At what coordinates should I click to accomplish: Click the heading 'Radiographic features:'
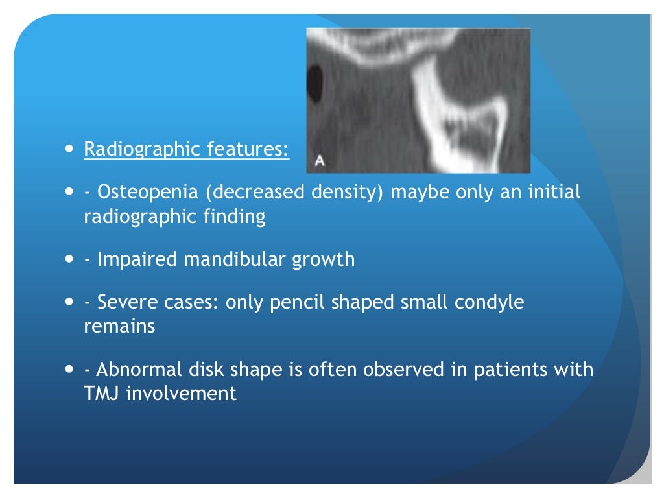coord(186,149)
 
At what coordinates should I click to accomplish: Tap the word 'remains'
coord(119,326)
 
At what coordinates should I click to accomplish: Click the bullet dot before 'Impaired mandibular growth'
coord(69,259)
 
